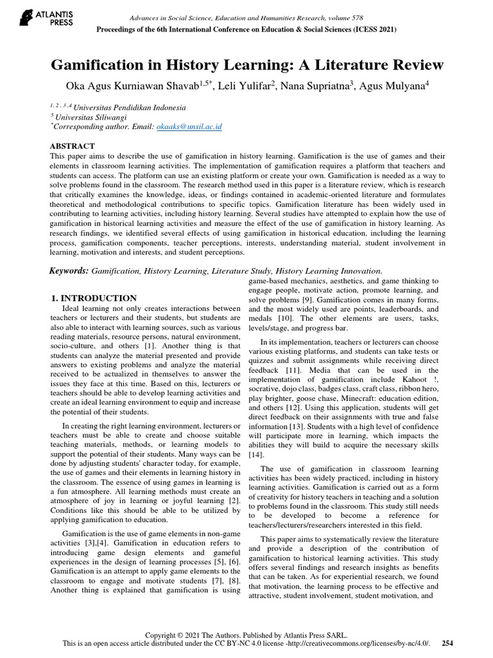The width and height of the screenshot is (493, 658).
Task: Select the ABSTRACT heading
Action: [73, 146]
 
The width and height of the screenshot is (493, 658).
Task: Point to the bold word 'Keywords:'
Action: [69, 271]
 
